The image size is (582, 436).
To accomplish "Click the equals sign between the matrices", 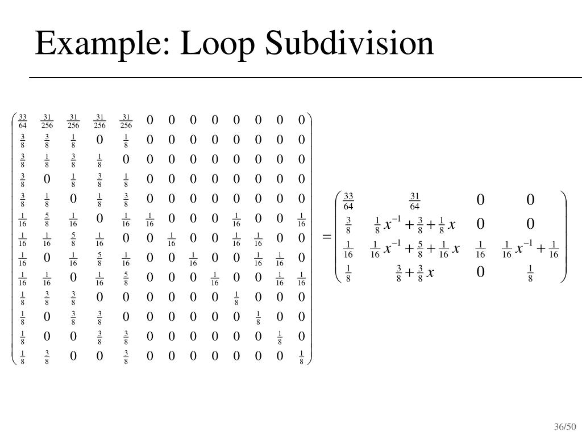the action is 327,237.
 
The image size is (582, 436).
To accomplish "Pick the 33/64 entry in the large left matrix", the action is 23,120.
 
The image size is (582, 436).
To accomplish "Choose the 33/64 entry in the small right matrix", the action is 348,200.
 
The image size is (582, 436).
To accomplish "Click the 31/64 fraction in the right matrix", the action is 414,200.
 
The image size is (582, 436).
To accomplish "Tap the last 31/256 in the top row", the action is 126,120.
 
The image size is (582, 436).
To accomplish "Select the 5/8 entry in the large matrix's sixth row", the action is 47,219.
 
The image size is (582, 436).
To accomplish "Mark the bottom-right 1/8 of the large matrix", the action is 301,357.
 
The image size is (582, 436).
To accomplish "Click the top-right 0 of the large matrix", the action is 301,120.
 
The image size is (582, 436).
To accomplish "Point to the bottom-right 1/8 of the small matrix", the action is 530,273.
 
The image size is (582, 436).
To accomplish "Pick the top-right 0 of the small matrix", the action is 530,200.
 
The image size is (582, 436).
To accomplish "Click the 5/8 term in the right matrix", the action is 421,249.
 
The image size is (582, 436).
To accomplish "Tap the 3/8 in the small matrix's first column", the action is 348,225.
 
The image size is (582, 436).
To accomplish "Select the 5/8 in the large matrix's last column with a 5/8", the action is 126,278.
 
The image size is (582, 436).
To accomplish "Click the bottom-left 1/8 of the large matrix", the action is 23,357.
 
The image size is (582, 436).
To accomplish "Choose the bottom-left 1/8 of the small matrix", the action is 348,273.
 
